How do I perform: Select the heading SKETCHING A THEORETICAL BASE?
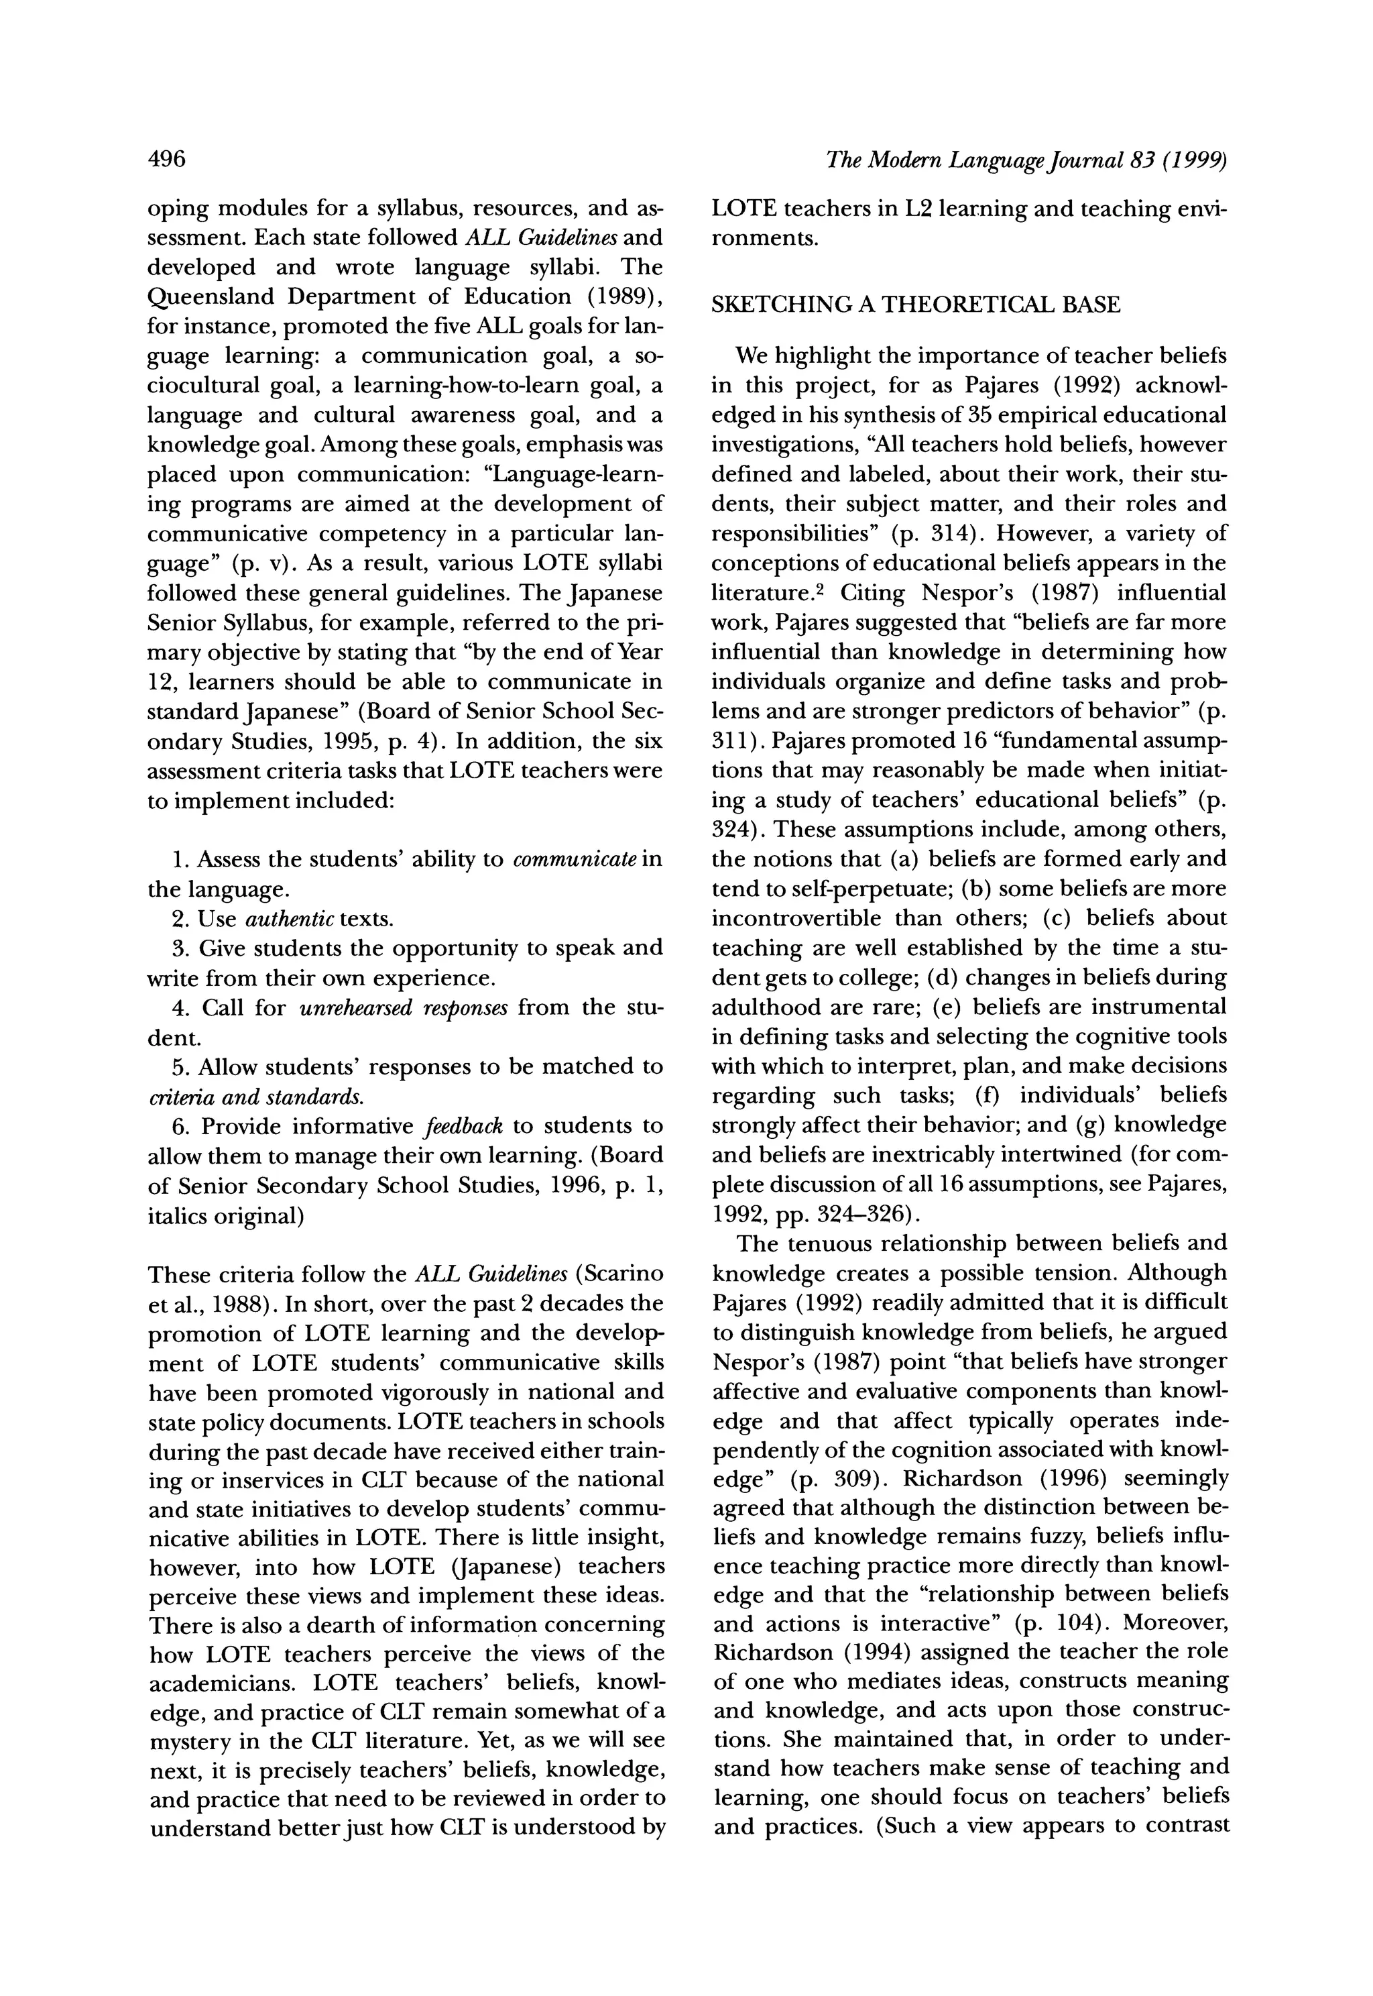916,306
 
